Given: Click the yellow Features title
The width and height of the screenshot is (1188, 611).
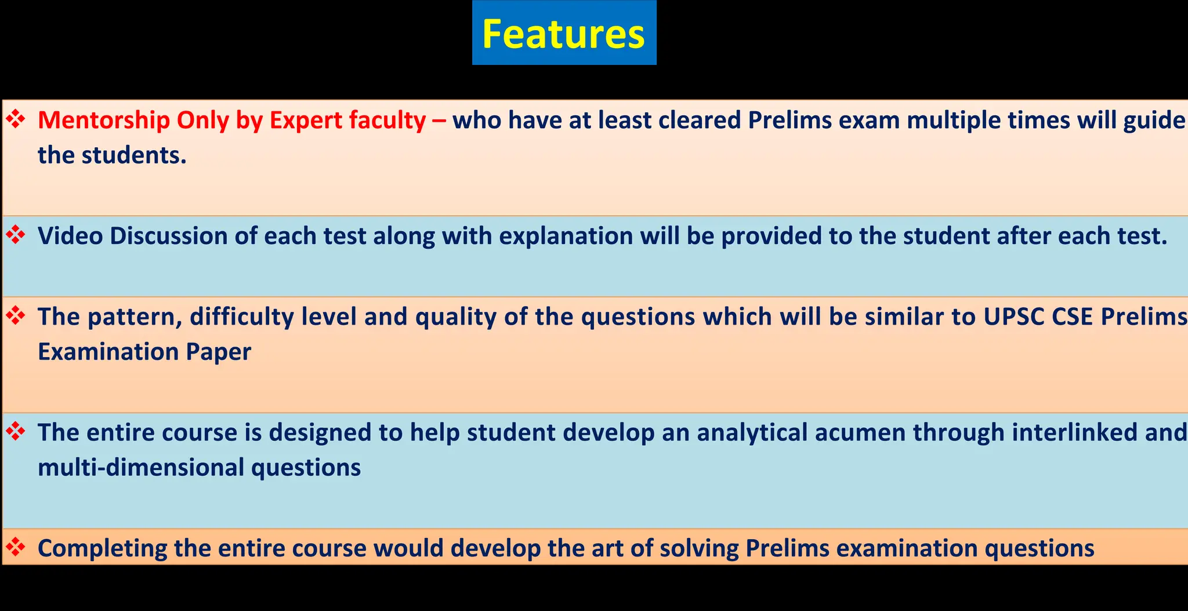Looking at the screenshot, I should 563,34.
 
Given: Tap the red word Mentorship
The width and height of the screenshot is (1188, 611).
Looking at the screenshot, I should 104,121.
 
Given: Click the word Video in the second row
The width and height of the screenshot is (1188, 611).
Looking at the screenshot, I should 70,236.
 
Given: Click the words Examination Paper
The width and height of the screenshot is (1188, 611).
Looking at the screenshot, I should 144,352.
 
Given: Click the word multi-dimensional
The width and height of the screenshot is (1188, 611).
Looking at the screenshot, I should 141,467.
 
